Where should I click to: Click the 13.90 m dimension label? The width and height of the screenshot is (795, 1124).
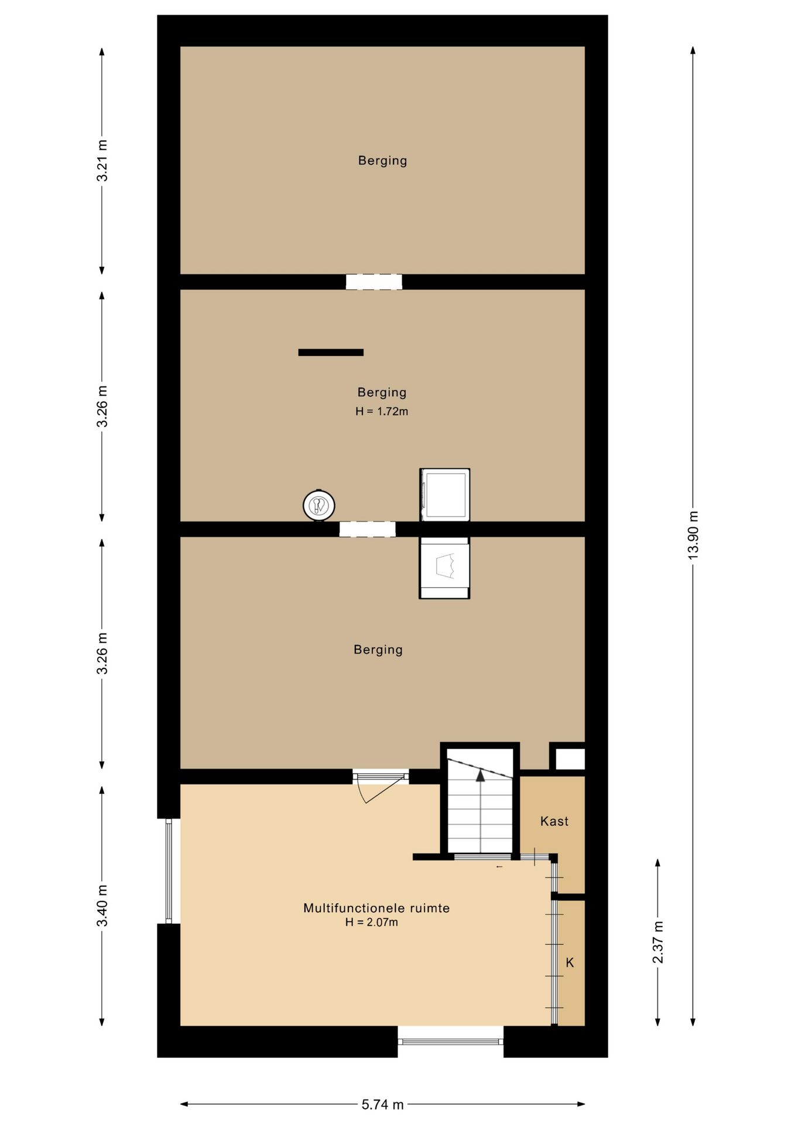click(693, 535)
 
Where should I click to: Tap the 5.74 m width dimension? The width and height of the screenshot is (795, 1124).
click(382, 1104)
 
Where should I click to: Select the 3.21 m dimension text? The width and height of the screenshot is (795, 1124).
click(102, 160)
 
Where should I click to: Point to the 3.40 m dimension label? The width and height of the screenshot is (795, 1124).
click(102, 906)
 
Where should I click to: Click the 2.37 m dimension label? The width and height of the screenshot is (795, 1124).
click(658, 942)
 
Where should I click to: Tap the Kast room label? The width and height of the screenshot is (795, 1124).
click(554, 821)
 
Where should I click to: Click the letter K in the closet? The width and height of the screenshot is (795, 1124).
click(570, 962)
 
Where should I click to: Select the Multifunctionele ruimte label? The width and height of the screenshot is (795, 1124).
click(376, 908)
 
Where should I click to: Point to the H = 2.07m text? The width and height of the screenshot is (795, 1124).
click(372, 922)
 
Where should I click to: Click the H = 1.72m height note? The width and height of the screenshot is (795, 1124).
click(382, 411)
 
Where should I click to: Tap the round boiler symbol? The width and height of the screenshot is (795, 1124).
click(319, 505)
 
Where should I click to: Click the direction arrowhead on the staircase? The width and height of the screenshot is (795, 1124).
click(481, 776)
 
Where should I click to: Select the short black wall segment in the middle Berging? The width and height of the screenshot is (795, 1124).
click(331, 352)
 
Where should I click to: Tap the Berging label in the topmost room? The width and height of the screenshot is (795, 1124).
click(383, 160)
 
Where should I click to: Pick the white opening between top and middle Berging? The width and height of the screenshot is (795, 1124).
click(374, 282)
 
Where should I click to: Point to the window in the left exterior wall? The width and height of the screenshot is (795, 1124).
click(169, 871)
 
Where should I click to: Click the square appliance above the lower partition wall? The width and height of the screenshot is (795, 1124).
click(445, 495)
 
